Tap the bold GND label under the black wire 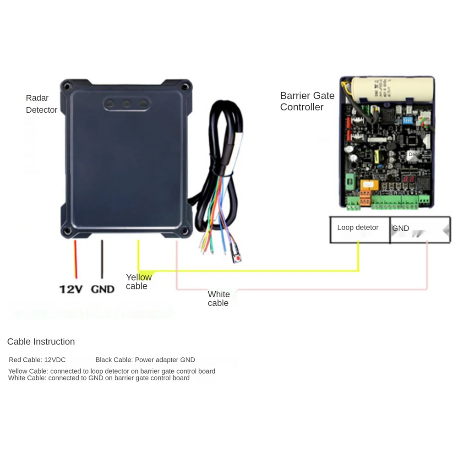click(103, 289)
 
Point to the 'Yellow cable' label click(138, 282)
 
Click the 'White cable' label click(218, 299)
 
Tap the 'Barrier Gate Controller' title click(307, 101)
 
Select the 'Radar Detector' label click(41, 104)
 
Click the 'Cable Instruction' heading click(41, 342)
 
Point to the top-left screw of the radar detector click(67, 86)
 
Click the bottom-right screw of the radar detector click(185, 230)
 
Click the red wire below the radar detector click(76, 259)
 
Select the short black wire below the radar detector click(102, 259)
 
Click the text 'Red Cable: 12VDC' click(37, 360)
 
